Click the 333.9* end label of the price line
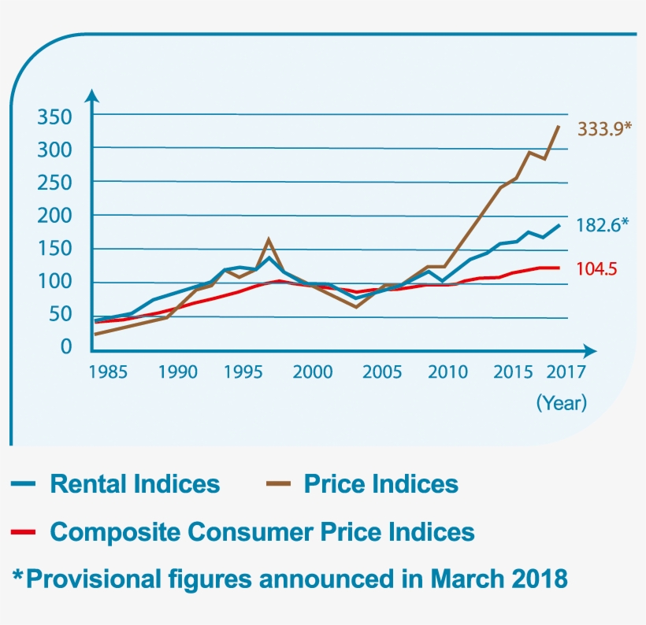coord(604,128)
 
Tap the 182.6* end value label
coord(603,225)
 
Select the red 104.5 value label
coord(596,268)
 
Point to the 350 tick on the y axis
coord(54,117)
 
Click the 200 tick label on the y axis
coord(54,216)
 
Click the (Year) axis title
coord(562,403)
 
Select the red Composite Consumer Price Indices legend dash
coord(24,533)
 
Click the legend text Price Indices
coord(381,483)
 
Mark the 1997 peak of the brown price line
coord(269,239)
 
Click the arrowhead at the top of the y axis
coord(92,96)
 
